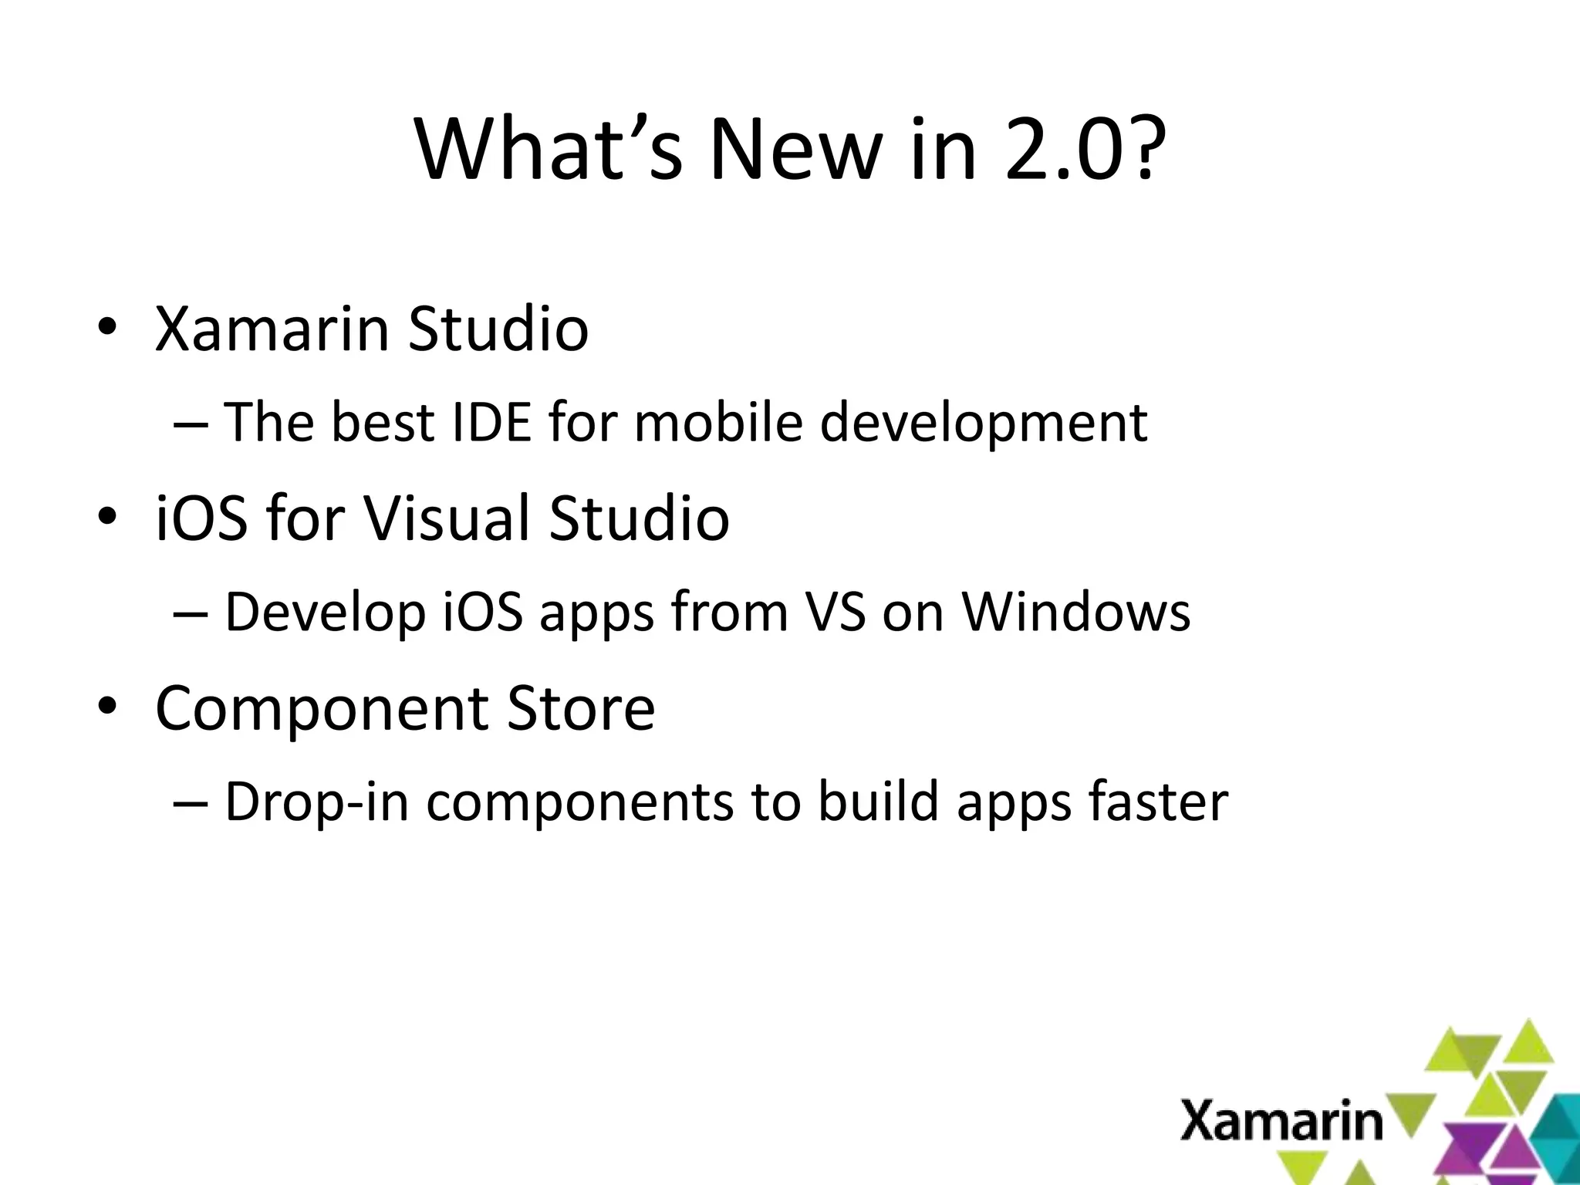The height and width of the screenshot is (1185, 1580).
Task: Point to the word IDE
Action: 491,422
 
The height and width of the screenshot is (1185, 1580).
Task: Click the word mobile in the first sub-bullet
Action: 718,422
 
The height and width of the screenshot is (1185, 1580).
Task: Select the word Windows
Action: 1075,612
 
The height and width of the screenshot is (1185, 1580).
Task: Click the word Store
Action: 580,707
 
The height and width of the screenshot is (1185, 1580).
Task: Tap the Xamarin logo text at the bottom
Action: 1281,1122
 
